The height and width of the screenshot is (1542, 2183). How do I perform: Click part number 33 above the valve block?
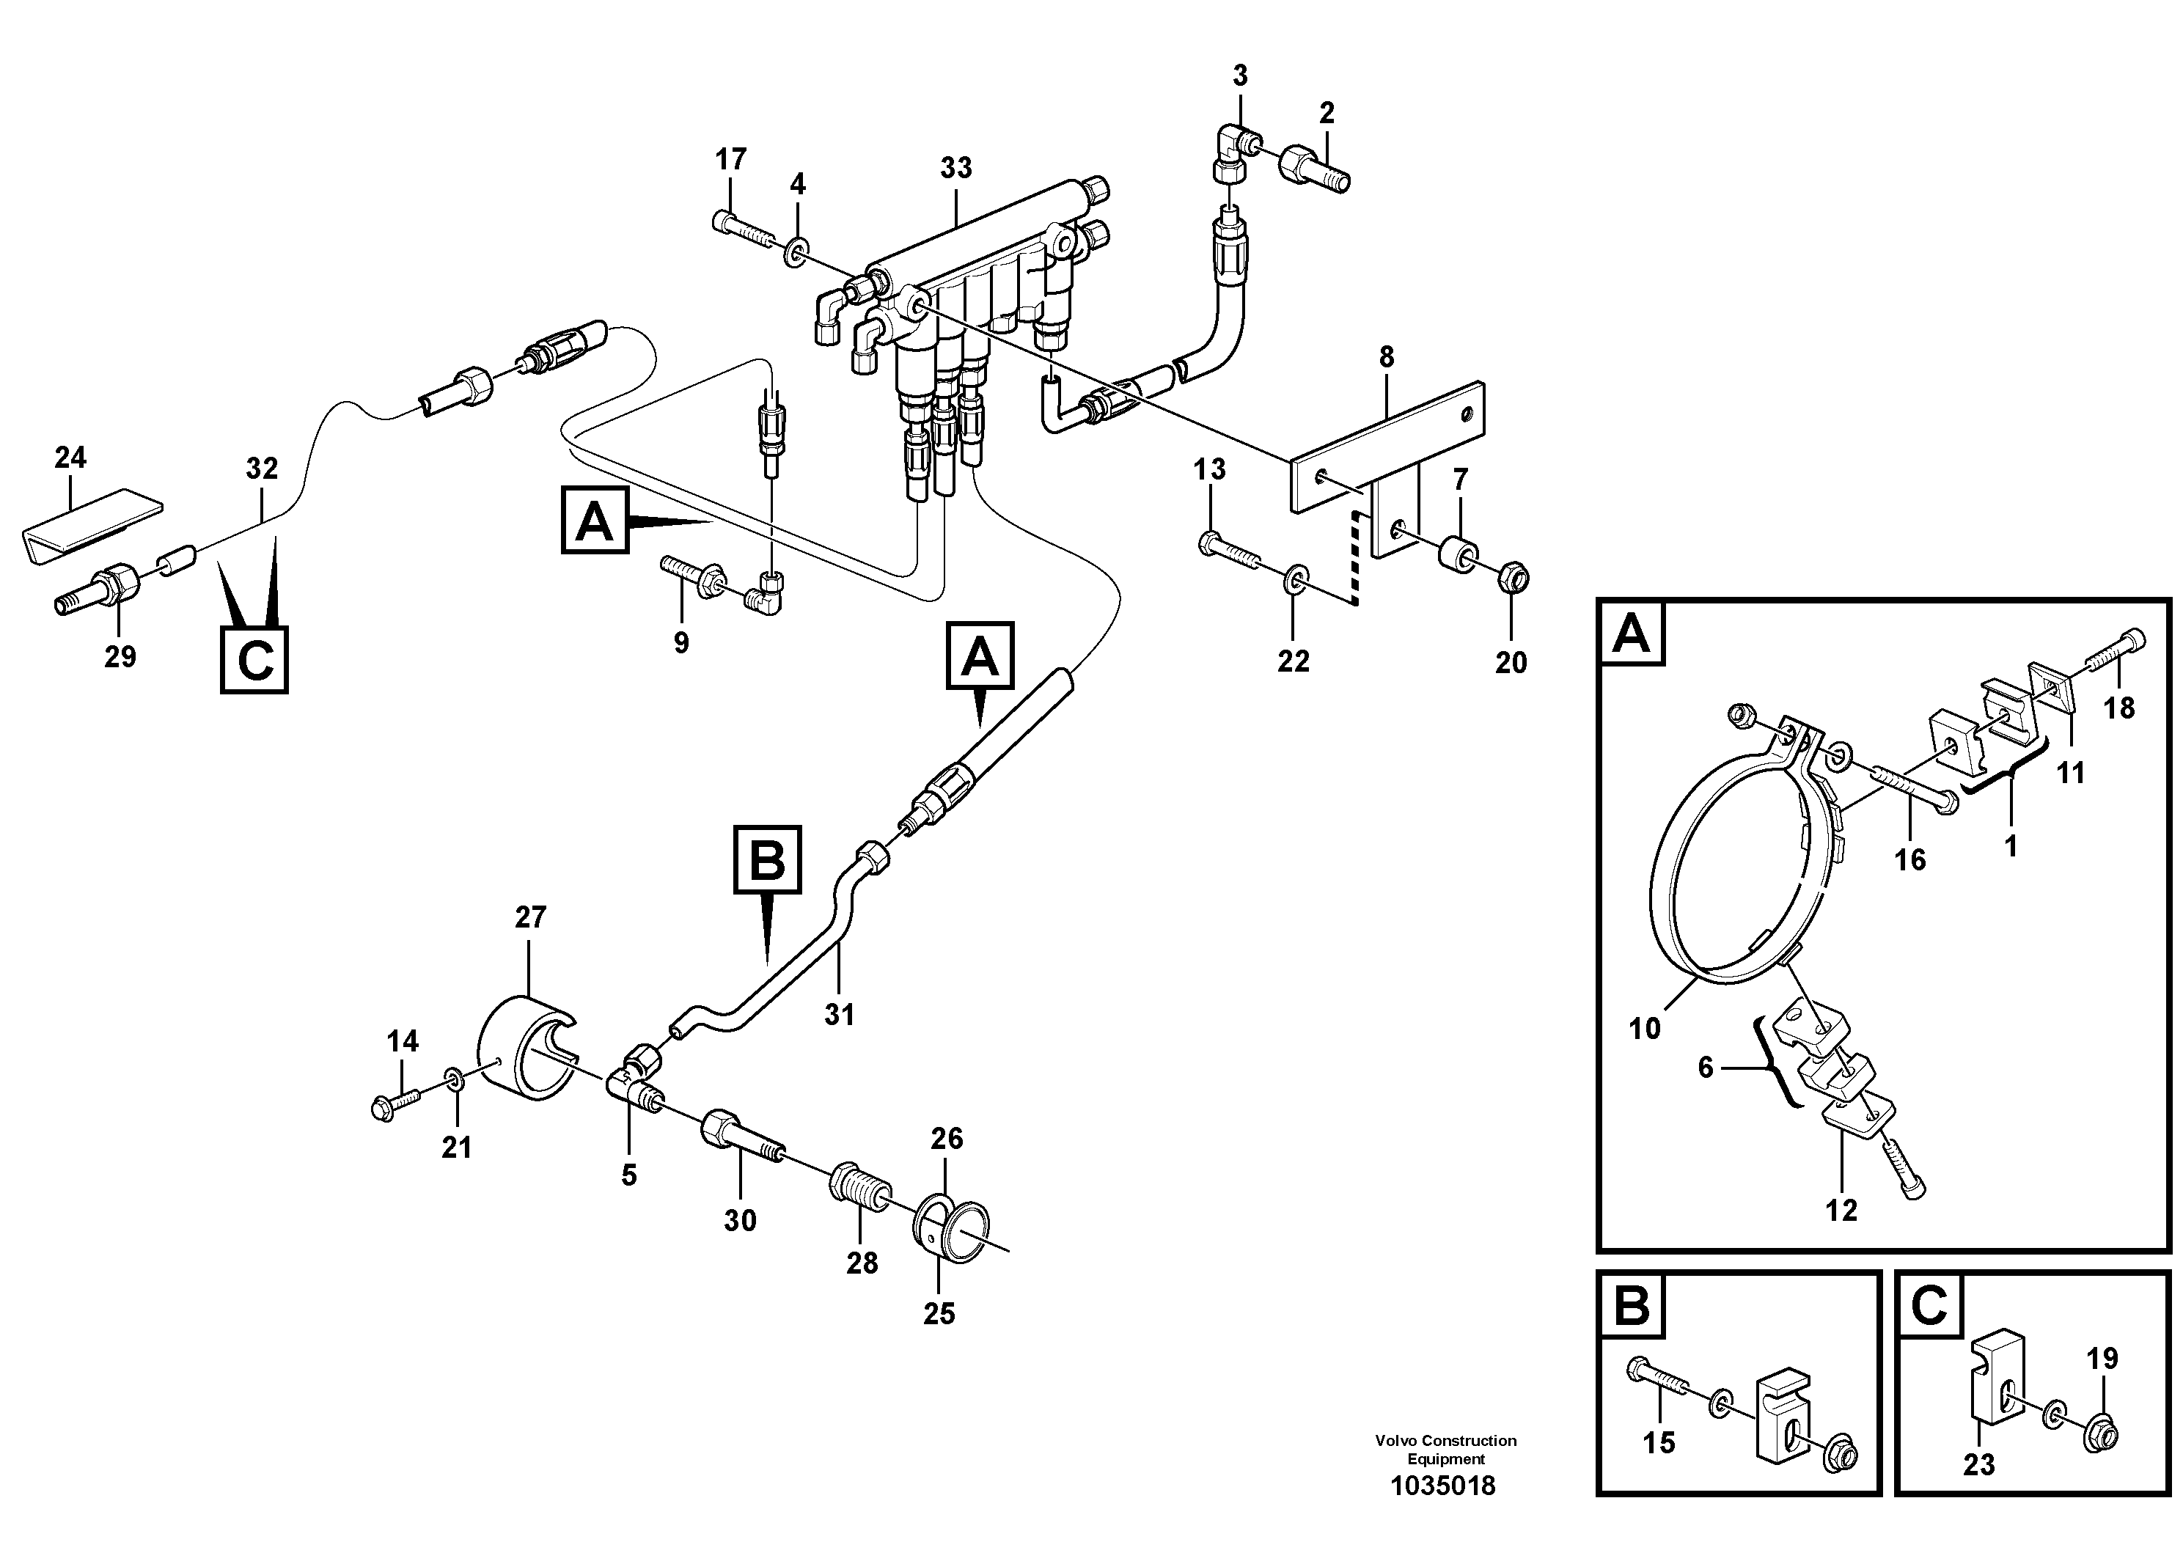[955, 168]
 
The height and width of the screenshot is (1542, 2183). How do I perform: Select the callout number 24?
[70, 458]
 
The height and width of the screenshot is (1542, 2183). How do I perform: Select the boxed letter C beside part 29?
[254, 660]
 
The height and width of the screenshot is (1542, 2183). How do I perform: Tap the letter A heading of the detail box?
[1632, 634]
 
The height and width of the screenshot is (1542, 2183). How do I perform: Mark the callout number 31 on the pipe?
[839, 1016]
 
